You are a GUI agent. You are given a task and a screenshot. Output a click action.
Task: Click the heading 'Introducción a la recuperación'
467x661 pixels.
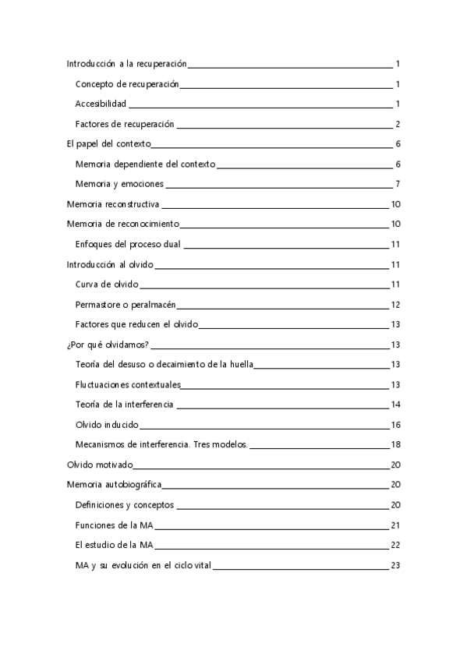click(x=126, y=64)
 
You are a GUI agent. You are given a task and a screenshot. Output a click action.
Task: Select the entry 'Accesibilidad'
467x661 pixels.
click(x=101, y=104)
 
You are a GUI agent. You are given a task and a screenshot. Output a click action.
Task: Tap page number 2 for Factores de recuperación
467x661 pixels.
click(x=398, y=124)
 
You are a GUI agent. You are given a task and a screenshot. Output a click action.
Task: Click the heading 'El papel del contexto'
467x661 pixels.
click(x=108, y=144)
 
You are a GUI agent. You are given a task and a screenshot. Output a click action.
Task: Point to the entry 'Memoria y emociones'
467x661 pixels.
click(x=119, y=184)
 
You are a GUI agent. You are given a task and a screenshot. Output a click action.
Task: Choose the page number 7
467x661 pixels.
click(x=398, y=184)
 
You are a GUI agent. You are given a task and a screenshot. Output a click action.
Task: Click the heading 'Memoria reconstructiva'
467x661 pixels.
click(x=113, y=204)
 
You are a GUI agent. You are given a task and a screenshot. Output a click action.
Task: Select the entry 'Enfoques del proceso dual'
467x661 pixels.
click(x=128, y=245)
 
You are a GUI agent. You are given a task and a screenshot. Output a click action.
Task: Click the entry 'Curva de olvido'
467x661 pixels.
click(x=107, y=285)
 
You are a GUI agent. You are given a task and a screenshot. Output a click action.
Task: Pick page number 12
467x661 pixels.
click(x=395, y=305)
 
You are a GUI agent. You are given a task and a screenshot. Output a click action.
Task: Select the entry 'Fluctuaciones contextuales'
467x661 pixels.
click(x=128, y=385)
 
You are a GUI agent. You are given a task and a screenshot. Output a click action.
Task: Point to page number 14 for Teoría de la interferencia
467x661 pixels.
click(x=395, y=405)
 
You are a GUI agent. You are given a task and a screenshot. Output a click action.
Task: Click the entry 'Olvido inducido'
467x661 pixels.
click(x=107, y=425)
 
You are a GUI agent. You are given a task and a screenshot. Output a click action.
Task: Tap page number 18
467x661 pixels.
click(x=395, y=445)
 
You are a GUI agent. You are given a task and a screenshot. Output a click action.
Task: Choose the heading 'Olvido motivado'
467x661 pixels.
click(x=100, y=465)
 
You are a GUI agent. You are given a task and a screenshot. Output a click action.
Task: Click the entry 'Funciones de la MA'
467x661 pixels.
click(x=114, y=525)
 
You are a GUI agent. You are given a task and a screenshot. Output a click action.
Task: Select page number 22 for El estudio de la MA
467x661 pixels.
click(x=395, y=546)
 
